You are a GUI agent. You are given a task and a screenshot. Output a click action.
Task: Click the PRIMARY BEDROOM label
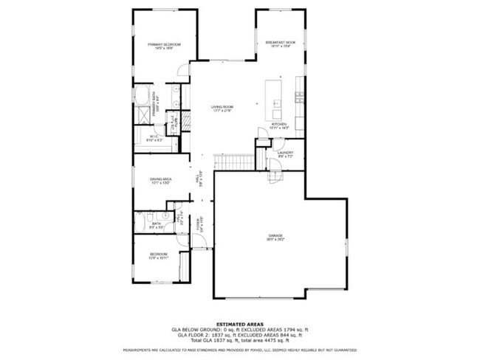(164, 46)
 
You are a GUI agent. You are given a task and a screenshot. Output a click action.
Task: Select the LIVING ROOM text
(222, 108)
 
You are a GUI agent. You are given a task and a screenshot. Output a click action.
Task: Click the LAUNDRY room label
(286, 154)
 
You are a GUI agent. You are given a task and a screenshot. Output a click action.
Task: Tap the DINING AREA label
(161, 180)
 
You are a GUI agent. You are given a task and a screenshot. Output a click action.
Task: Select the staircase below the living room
(232, 162)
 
